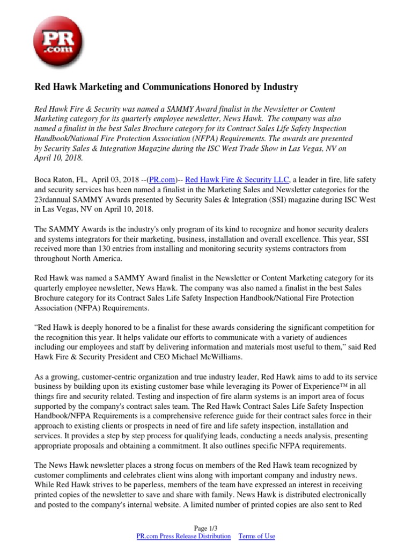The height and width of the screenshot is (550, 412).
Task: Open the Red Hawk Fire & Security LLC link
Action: click(237, 179)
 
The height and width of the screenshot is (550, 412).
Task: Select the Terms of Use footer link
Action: click(256, 536)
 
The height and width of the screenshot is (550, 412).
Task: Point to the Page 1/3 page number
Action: click(206, 528)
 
